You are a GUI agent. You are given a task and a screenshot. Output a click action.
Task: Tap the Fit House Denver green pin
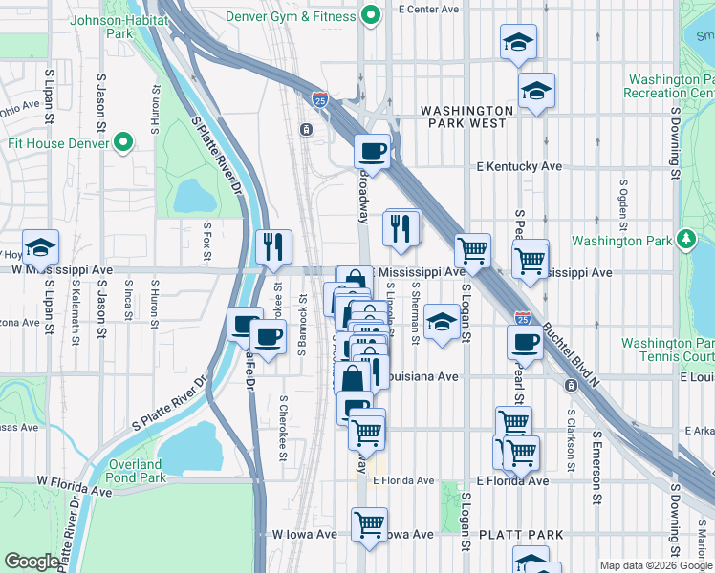coord(122,143)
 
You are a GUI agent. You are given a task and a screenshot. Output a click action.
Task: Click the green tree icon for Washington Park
coord(685,240)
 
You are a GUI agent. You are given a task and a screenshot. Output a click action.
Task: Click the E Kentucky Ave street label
coord(519,166)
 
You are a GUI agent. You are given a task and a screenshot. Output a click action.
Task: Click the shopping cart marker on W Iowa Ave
coord(369,523)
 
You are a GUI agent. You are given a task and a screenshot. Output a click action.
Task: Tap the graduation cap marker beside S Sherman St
coord(441,320)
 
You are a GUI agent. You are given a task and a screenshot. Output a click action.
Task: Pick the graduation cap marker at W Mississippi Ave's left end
coord(41,246)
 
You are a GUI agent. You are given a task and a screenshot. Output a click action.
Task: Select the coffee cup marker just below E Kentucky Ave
coord(372,150)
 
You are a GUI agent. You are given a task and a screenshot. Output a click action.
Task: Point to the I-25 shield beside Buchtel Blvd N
coord(522,317)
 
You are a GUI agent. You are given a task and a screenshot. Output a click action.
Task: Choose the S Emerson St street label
coord(596,466)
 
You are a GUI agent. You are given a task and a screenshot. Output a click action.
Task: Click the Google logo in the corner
coord(32,562)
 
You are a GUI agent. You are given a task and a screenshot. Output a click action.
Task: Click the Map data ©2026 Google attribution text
coord(655,565)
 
